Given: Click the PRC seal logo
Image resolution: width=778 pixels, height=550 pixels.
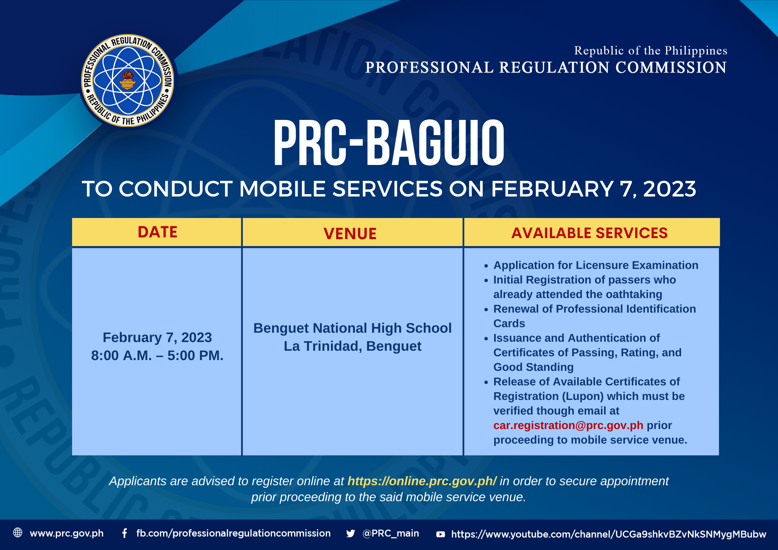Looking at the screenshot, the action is pyautogui.click(x=128, y=80).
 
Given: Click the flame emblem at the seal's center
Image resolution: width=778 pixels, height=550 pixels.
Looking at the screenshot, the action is pyautogui.click(x=128, y=80).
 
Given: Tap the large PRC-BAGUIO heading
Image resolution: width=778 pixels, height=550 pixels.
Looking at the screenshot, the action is pyautogui.click(x=389, y=143).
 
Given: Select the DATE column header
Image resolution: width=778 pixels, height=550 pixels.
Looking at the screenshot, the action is pyautogui.click(x=157, y=232).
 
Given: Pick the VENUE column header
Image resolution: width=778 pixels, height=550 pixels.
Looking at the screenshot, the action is pyautogui.click(x=350, y=234).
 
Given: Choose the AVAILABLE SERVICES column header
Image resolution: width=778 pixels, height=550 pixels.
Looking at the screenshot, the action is pyautogui.click(x=589, y=233).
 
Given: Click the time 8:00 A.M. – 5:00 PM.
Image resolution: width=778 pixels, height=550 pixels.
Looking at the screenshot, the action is pyautogui.click(x=157, y=355).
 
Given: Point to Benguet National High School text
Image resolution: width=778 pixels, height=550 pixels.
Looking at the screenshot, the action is pyautogui.click(x=352, y=328).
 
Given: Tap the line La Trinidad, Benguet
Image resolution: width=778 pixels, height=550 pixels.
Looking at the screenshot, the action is pyautogui.click(x=352, y=346).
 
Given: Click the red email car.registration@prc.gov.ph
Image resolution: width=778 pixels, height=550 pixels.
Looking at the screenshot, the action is pyautogui.click(x=568, y=425).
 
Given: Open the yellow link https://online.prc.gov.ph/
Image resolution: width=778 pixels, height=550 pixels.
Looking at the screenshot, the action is pyautogui.click(x=422, y=481).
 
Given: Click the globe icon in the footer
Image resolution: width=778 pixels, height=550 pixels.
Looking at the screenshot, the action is pyautogui.click(x=18, y=532).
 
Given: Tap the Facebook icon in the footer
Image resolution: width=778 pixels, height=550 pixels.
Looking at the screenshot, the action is pyautogui.click(x=124, y=533).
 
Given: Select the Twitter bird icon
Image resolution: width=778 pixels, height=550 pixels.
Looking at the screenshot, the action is pyautogui.click(x=350, y=533).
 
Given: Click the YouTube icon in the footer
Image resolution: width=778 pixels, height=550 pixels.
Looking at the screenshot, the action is pyautogui.click(x=440, y=534).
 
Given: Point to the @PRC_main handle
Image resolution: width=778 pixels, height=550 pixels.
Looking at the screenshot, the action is pyautogui.click(x=391, y=533).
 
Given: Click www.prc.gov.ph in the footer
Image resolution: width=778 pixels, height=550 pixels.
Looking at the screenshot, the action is pyautogui.click(x=67, y=533).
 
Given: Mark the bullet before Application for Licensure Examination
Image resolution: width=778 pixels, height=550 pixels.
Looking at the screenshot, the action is pyautogui.click(x=486, y=266).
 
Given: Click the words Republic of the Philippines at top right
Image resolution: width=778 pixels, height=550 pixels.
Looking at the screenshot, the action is pyautogui.click(x=650, y=51).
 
